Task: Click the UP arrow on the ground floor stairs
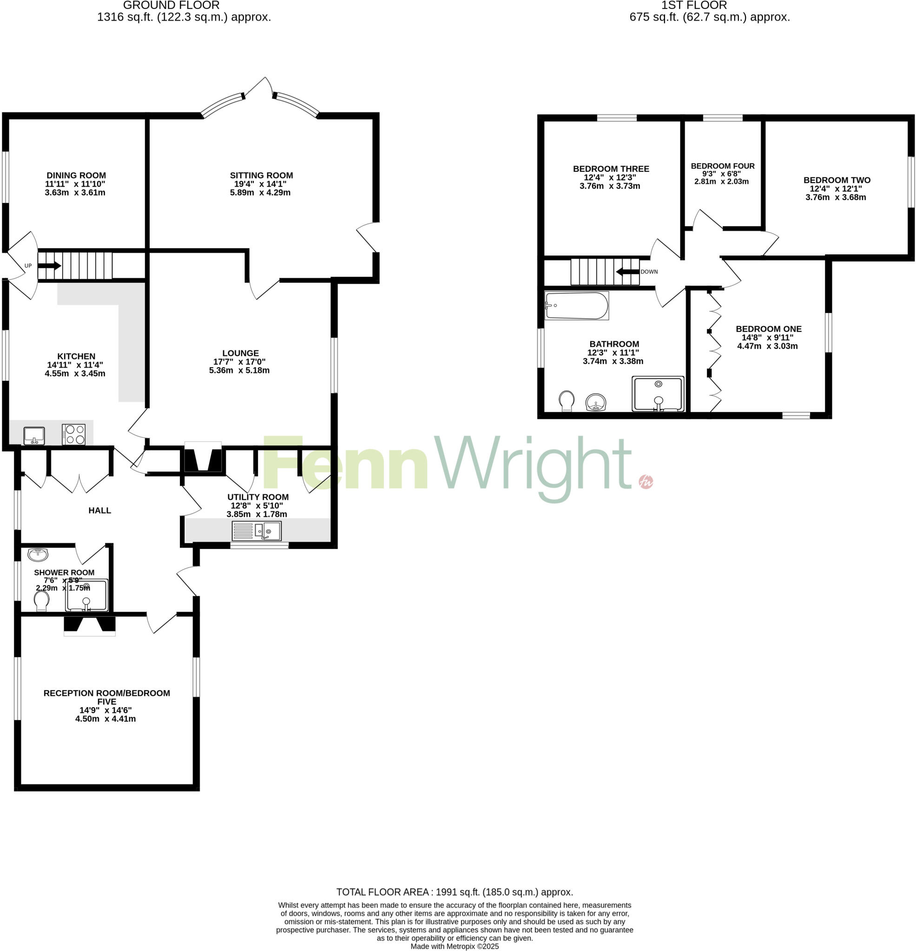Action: click(x=49, y=266)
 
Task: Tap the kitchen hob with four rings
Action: click(x=74, y=434)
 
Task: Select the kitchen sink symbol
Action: click(x=34, y=435)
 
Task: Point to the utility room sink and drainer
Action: click(x=257, y=531)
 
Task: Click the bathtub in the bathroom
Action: click(x=576, y=306)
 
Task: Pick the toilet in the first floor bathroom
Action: click(x=567, y=401)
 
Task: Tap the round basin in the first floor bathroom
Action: click(x=596, y=402)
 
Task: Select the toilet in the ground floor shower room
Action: click(x=42, y=601)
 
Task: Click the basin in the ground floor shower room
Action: click(x=38, y=554)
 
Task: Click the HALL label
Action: click(x=99, y=510)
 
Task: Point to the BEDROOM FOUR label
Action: click(x=722, y=166)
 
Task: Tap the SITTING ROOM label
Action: click(x=261, y=175)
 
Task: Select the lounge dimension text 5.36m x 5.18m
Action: click(x=239, y=370)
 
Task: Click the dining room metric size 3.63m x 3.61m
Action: click(x=75, y=192)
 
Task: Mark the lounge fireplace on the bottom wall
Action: click(x=203, y=457)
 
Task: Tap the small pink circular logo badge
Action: click(x=646, y=482)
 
